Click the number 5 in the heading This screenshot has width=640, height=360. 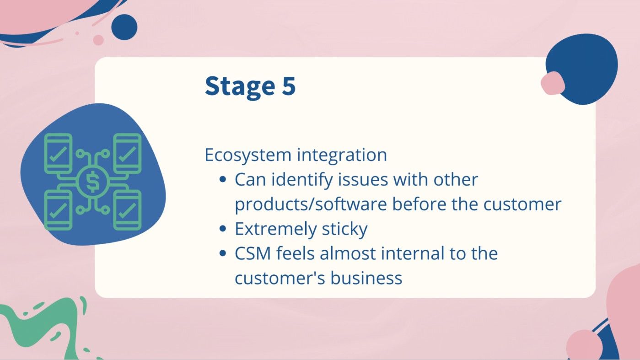(288, 86)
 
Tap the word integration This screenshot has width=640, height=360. (342, 155)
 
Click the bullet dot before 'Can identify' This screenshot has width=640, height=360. (223, 180)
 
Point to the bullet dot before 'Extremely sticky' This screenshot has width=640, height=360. (223, 229)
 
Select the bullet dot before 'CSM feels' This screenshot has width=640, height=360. (223, 253)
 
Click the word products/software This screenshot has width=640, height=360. (311, 204)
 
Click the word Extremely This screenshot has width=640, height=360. (273, 229)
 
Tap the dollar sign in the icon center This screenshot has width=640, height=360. (93, 182)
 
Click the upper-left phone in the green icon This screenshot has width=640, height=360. (58, 153)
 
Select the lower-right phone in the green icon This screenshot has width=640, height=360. (128, 210)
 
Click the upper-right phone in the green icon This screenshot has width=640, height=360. (128, 153)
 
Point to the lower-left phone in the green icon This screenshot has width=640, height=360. (58, 210)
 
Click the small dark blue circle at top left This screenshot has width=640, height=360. (124, 27)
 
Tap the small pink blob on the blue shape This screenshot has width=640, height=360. (553, 83)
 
